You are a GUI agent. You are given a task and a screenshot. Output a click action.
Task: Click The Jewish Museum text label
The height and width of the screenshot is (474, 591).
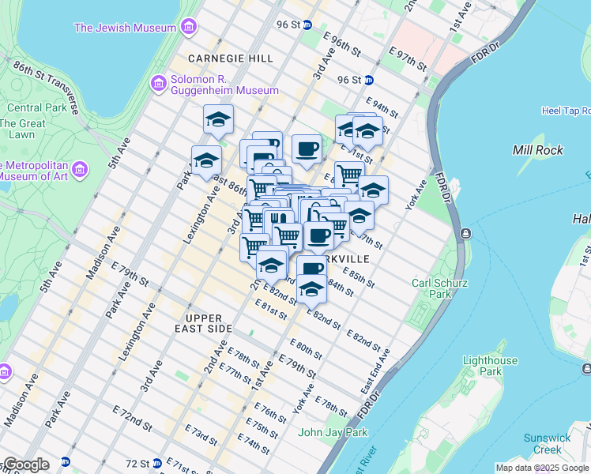pos(124,28)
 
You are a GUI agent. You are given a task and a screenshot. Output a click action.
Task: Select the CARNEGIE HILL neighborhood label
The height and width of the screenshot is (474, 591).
pos(231,58)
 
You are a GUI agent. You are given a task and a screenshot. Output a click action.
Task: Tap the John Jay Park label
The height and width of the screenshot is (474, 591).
pos(333,432)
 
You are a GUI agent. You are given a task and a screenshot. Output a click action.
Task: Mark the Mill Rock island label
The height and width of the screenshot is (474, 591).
pos(536,149)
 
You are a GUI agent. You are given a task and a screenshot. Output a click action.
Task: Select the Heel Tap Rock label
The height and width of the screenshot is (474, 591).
pos(566,111)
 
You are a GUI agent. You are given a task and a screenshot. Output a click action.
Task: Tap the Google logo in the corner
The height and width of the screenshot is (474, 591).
pos(25,465)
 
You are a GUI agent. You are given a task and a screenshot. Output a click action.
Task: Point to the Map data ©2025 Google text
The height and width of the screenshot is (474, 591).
pos(542,468)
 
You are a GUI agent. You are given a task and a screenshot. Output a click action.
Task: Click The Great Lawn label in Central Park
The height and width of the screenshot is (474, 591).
pos(22,130)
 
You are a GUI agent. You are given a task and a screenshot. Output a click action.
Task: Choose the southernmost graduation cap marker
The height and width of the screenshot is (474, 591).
pos(312,291)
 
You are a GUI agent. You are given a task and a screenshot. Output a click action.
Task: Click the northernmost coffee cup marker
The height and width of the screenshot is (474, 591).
pos(307,148)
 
